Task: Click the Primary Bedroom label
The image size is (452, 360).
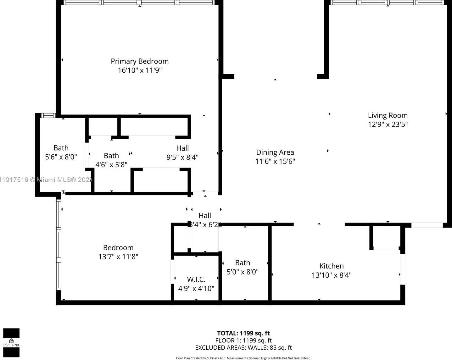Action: coord(140,61)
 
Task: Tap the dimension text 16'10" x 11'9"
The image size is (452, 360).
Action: coord(140,70)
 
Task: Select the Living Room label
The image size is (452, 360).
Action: coord(388,115)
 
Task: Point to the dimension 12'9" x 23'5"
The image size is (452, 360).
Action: coord(388,124)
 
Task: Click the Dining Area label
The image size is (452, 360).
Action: coord(275,152)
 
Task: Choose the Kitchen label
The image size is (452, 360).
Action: coord(332,266)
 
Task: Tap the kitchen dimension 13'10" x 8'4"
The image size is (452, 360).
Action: coord(332,275)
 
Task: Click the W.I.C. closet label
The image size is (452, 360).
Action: coord(196,279)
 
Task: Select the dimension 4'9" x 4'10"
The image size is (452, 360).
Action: coord(196,288)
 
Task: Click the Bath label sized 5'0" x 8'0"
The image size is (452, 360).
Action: coord(243,263)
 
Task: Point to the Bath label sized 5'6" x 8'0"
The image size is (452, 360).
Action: coord(61,148)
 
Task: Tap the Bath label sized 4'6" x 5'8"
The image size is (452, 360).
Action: coord(111,156)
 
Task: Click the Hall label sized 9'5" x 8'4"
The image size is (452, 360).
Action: coord(182,148)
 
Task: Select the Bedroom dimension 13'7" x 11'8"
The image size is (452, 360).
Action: coord(118,257)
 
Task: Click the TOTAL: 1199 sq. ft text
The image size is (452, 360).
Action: coord(243,333)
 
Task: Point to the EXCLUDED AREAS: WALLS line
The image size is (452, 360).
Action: coord(243,348)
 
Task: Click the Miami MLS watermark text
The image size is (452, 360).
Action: coord(46,180)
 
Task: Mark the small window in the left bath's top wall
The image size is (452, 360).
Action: coord(48,116)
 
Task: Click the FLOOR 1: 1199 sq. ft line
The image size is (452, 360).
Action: coord(243,341)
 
